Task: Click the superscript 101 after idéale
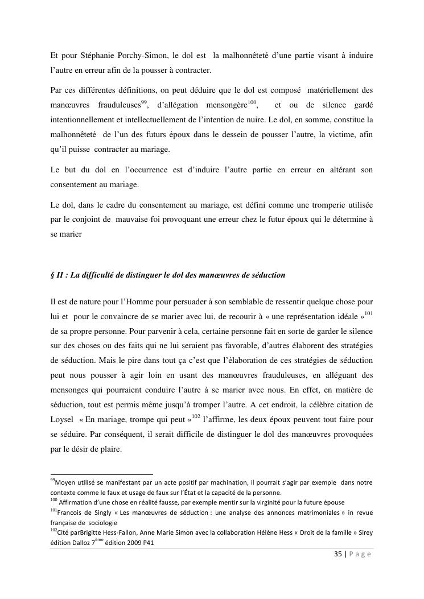(368, 313)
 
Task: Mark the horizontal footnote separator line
(102, 473)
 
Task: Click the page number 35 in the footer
(337, 555)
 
